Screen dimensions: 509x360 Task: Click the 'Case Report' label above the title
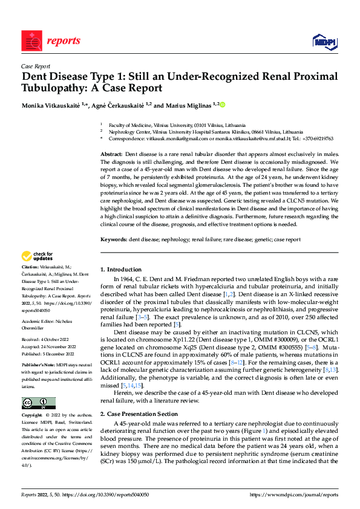click(x=35, y=68)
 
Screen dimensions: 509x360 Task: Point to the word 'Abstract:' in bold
click(x=111, y=155)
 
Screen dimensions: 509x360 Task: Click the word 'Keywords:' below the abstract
click(x=114, y=239)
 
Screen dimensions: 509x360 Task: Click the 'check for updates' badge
click(x=38, y=256)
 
